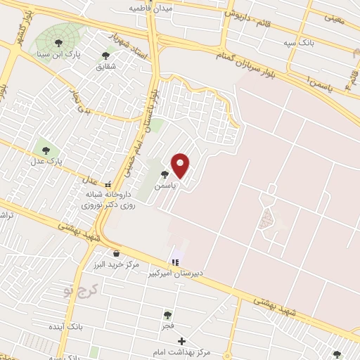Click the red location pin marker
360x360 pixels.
point(181,165)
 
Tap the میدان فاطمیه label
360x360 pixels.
point(150,8)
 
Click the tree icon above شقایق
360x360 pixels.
point(106,55)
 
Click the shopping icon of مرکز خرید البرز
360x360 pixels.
point(115,254)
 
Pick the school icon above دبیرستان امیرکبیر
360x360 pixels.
point(176,262)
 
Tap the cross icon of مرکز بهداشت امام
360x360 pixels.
point(181,341)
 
